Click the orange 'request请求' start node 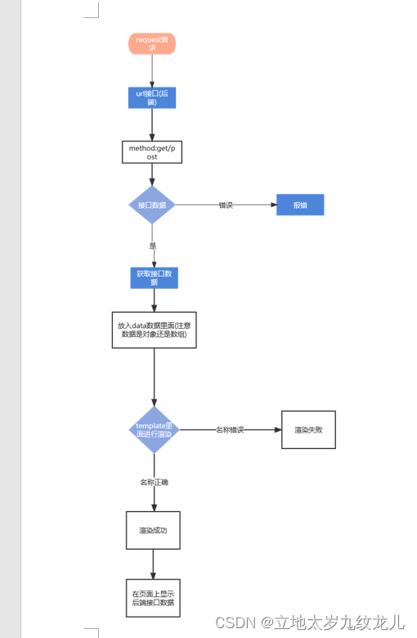[x=152, y=43]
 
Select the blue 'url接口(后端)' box [x=152, y=97]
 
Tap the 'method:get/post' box [x=152, y=152]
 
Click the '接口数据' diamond [x=152, y=204]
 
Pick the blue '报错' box [x=300, y=204]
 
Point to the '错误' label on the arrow [x=226, y=205]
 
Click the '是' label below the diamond [x=153, y=245]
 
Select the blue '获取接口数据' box [x=154, y=277]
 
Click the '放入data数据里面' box [x=154, y=330]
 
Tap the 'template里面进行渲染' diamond [x=154, y=429]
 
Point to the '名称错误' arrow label [x=230, y=429]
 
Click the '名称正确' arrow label [x=154, y=483]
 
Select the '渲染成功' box [x=153, y=530]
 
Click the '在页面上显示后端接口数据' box [x=153, y=598]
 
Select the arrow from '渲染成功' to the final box [x=153, y=564]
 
